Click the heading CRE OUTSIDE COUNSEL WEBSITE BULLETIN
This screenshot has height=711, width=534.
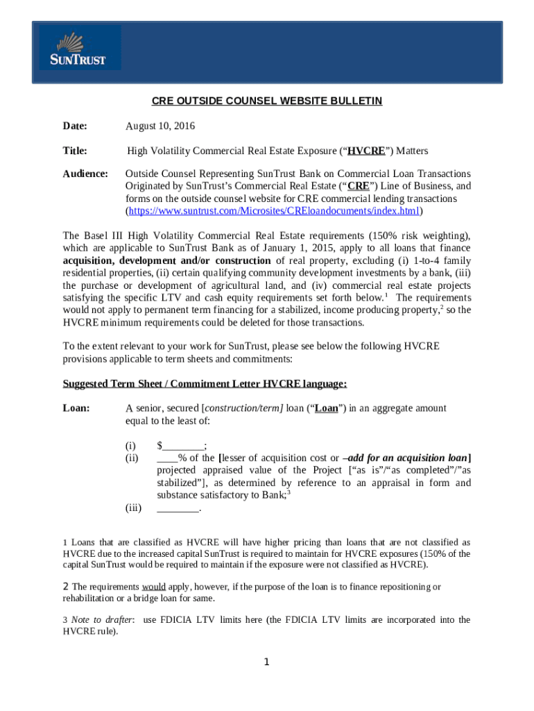tap(267, 101)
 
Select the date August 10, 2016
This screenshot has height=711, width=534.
tap(160, 126)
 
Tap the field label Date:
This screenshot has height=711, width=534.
tap(75, 126)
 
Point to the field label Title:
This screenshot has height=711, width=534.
tap(75, 151)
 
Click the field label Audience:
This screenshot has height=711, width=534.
tap(85, 174)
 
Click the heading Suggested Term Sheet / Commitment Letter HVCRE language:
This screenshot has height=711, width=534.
tap(205, 384)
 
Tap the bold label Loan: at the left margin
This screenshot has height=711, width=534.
tap(76, 408)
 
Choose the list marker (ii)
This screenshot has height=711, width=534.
tap(132, 458)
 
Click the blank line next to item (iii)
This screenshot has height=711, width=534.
tap(178, 508)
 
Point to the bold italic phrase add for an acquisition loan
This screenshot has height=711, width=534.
tap(407, 458)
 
